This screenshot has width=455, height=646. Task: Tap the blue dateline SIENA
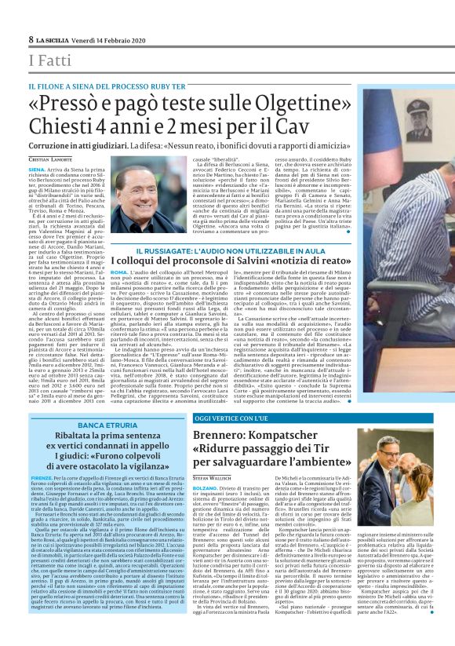[36, 169]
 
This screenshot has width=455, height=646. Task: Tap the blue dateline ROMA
[120, 271]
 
